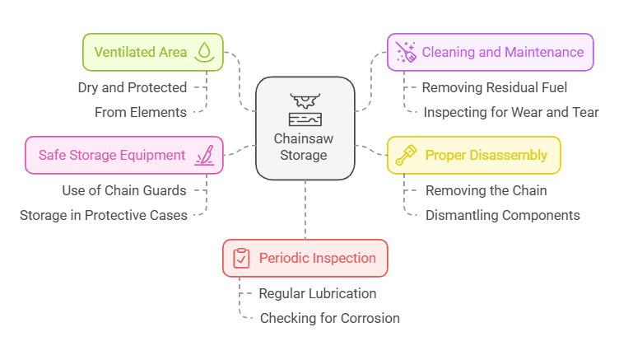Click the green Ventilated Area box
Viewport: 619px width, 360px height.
tap(152, 52)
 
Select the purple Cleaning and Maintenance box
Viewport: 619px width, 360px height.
tap(490, 52)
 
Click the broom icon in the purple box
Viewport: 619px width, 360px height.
tap(407, 53)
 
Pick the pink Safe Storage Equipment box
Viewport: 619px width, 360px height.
tap(123, 155)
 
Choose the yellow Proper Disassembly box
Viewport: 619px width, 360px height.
tap(473, 155)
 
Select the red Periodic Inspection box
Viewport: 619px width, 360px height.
tap(305, 258)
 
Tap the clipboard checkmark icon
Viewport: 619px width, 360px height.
tap(241, 258)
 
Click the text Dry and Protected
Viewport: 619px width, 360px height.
tap(133, 87)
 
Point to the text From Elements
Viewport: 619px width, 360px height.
tap(141, 112)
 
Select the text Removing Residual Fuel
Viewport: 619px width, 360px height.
tap(495, 87)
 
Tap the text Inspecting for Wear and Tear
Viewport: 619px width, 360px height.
tap(511, 112)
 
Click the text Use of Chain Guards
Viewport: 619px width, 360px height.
tap(124, 190)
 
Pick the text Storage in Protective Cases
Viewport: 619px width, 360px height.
tap(104, 215)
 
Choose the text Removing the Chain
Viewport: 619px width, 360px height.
tap(486, 190)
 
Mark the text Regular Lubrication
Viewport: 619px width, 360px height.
tap(317, 293)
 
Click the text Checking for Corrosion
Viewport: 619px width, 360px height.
tap(329, 318)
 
